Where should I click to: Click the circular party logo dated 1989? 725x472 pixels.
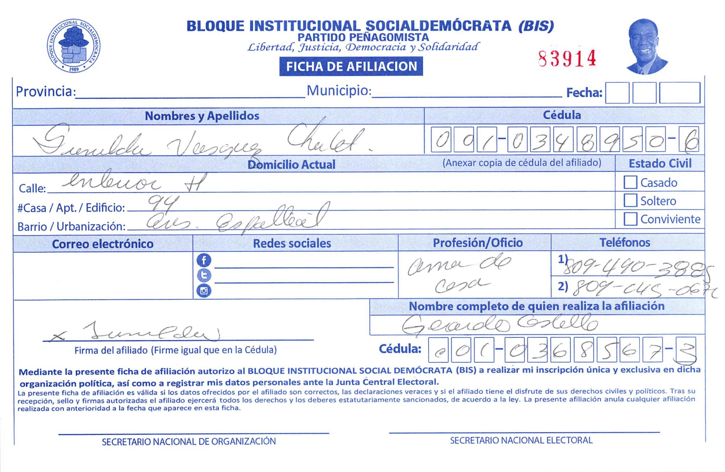(74, 46)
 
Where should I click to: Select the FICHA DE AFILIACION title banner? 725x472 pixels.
(351, 67)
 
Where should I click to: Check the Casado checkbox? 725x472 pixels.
(630, 182)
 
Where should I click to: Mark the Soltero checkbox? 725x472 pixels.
(630, 200)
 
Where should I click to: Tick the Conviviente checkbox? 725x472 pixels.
(630, 219)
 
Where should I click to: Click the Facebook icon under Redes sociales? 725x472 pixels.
(204, 260)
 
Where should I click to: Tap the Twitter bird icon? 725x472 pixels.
(204, 275)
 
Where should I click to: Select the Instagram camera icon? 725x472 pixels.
(204, 291)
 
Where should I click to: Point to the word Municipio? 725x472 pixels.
(339, 91)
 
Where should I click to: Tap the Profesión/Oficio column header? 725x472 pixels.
(477, 243)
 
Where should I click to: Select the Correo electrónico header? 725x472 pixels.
(103, 244)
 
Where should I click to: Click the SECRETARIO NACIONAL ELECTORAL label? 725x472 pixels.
(521, 440)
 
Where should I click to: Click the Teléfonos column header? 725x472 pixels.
(625, 242)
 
